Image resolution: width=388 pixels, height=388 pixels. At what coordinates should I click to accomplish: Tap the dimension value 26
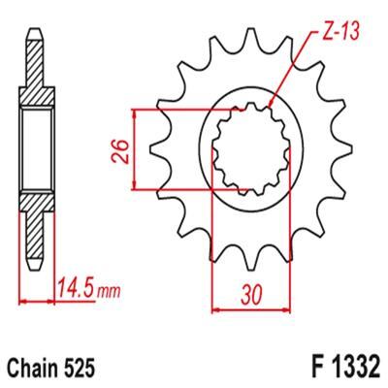120,151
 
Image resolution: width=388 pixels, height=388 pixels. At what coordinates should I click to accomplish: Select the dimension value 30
250,295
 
